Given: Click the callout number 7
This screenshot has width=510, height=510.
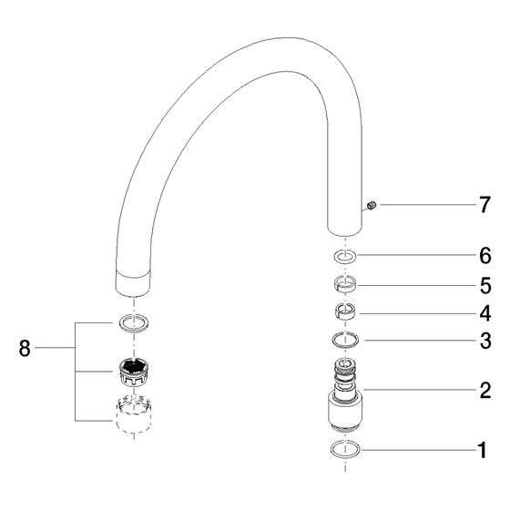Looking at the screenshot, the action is pyautogui.click(x=484, y=205).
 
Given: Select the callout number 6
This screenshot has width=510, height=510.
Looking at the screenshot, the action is pyautogui.click(x=484, y=256).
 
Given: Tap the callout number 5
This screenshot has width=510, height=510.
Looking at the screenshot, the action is pyautogui.click(x=485, y=286).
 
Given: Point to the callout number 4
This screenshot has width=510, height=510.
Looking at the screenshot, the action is pyautogui.click(x=485, y=313).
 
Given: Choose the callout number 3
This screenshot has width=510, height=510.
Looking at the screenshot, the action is pyautogui.click(x=485, y=341).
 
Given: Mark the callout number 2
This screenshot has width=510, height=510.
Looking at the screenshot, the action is pyautogui.click(x=485, y=390).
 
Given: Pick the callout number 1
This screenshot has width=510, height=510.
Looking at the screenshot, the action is pyautogui.click(x=483, y=450).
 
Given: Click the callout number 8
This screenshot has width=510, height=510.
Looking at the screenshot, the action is pyautogui.click(x=25, y=348).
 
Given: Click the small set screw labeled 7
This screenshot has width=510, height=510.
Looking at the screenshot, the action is pyautogui.click(x=372, y=205).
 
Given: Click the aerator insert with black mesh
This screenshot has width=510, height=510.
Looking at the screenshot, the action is pyautogui.click(x=134, y=372).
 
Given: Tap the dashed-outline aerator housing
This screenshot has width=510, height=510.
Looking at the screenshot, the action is pyautogui.click(x=134, y=413).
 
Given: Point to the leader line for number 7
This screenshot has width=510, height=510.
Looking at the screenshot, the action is pyautogui.click(x=428, y=205).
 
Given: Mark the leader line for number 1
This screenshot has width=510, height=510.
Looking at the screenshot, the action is pyautogui.click(x=419, y=450).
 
